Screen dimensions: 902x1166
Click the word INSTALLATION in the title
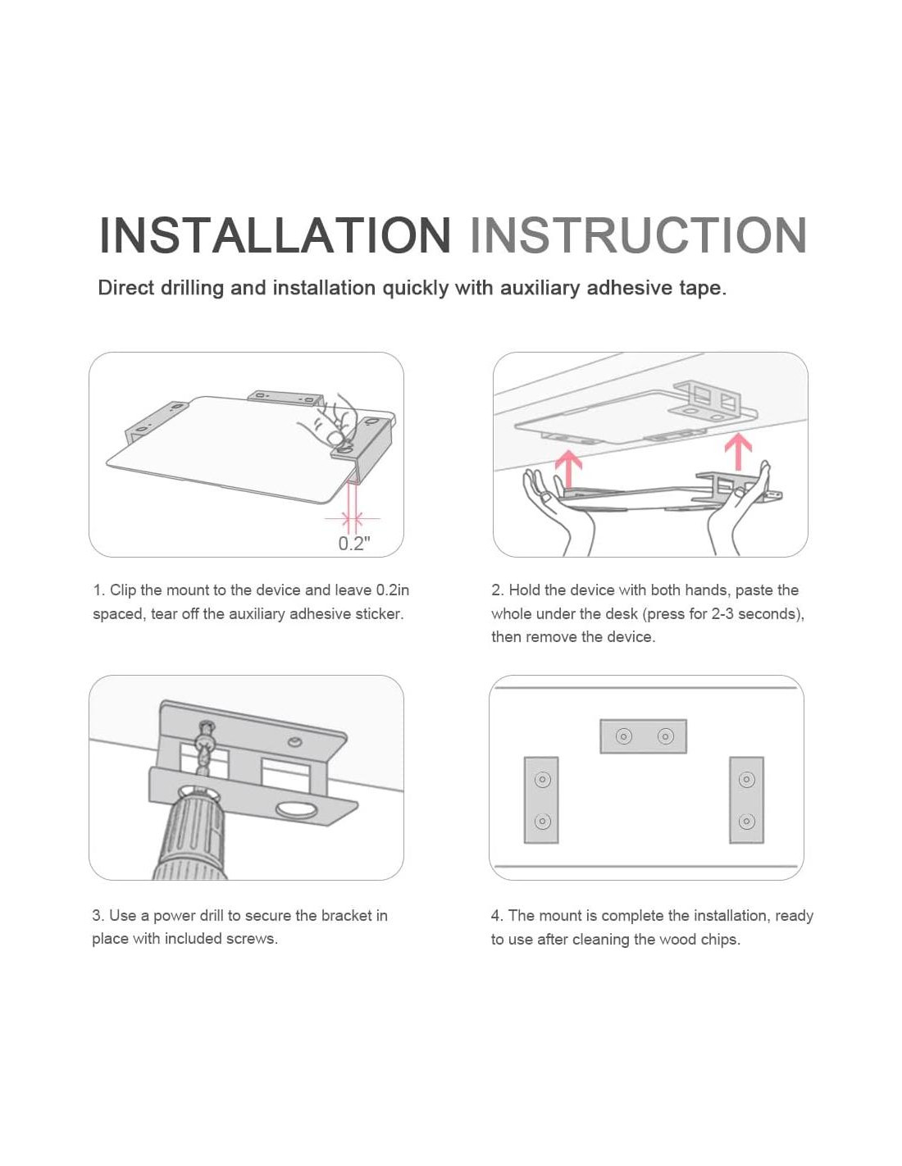tap(275, 235)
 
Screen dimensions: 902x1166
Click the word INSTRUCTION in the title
tap(638, 235)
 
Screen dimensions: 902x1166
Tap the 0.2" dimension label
tap(354, 544)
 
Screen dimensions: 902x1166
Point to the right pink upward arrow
tap(737, 451)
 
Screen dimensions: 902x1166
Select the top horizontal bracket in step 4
tap(643, 736)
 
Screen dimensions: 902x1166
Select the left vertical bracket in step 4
tap(541, 799)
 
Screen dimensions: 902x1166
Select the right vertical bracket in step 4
tap(746, 799)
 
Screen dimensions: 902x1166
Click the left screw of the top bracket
tap(623, 736)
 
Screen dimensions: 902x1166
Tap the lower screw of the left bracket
tap(542, 821)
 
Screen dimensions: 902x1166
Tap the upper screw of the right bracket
tap(747, 779)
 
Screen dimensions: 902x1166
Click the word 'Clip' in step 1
tap(123, 590)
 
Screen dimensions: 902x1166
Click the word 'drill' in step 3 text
tap(211, 915)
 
